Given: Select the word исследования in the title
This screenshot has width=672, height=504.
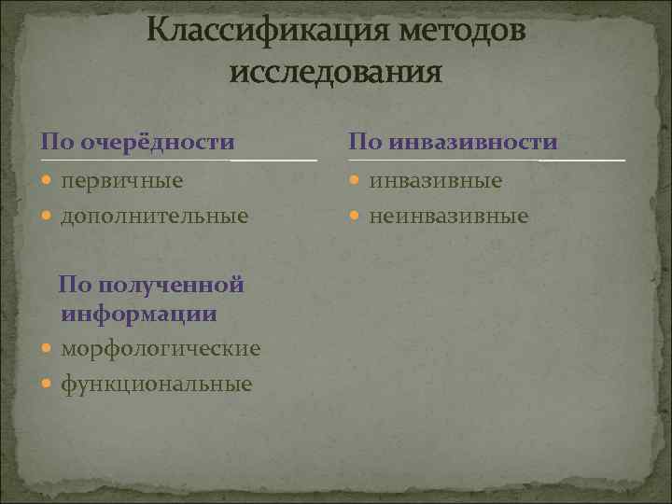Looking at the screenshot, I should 335,71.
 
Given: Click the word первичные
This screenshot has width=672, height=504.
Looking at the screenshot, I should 121,180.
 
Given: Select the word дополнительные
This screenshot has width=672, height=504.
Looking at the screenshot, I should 154,216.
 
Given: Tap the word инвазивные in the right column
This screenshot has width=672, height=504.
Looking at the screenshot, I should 435,180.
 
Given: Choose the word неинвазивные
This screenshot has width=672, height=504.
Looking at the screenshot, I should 449,216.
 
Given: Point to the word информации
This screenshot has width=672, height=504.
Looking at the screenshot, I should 139,314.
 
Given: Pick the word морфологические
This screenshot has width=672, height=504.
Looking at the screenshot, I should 161,348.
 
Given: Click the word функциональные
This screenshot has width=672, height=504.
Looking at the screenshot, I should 156,384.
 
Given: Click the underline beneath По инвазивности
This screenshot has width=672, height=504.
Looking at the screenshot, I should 485,161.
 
